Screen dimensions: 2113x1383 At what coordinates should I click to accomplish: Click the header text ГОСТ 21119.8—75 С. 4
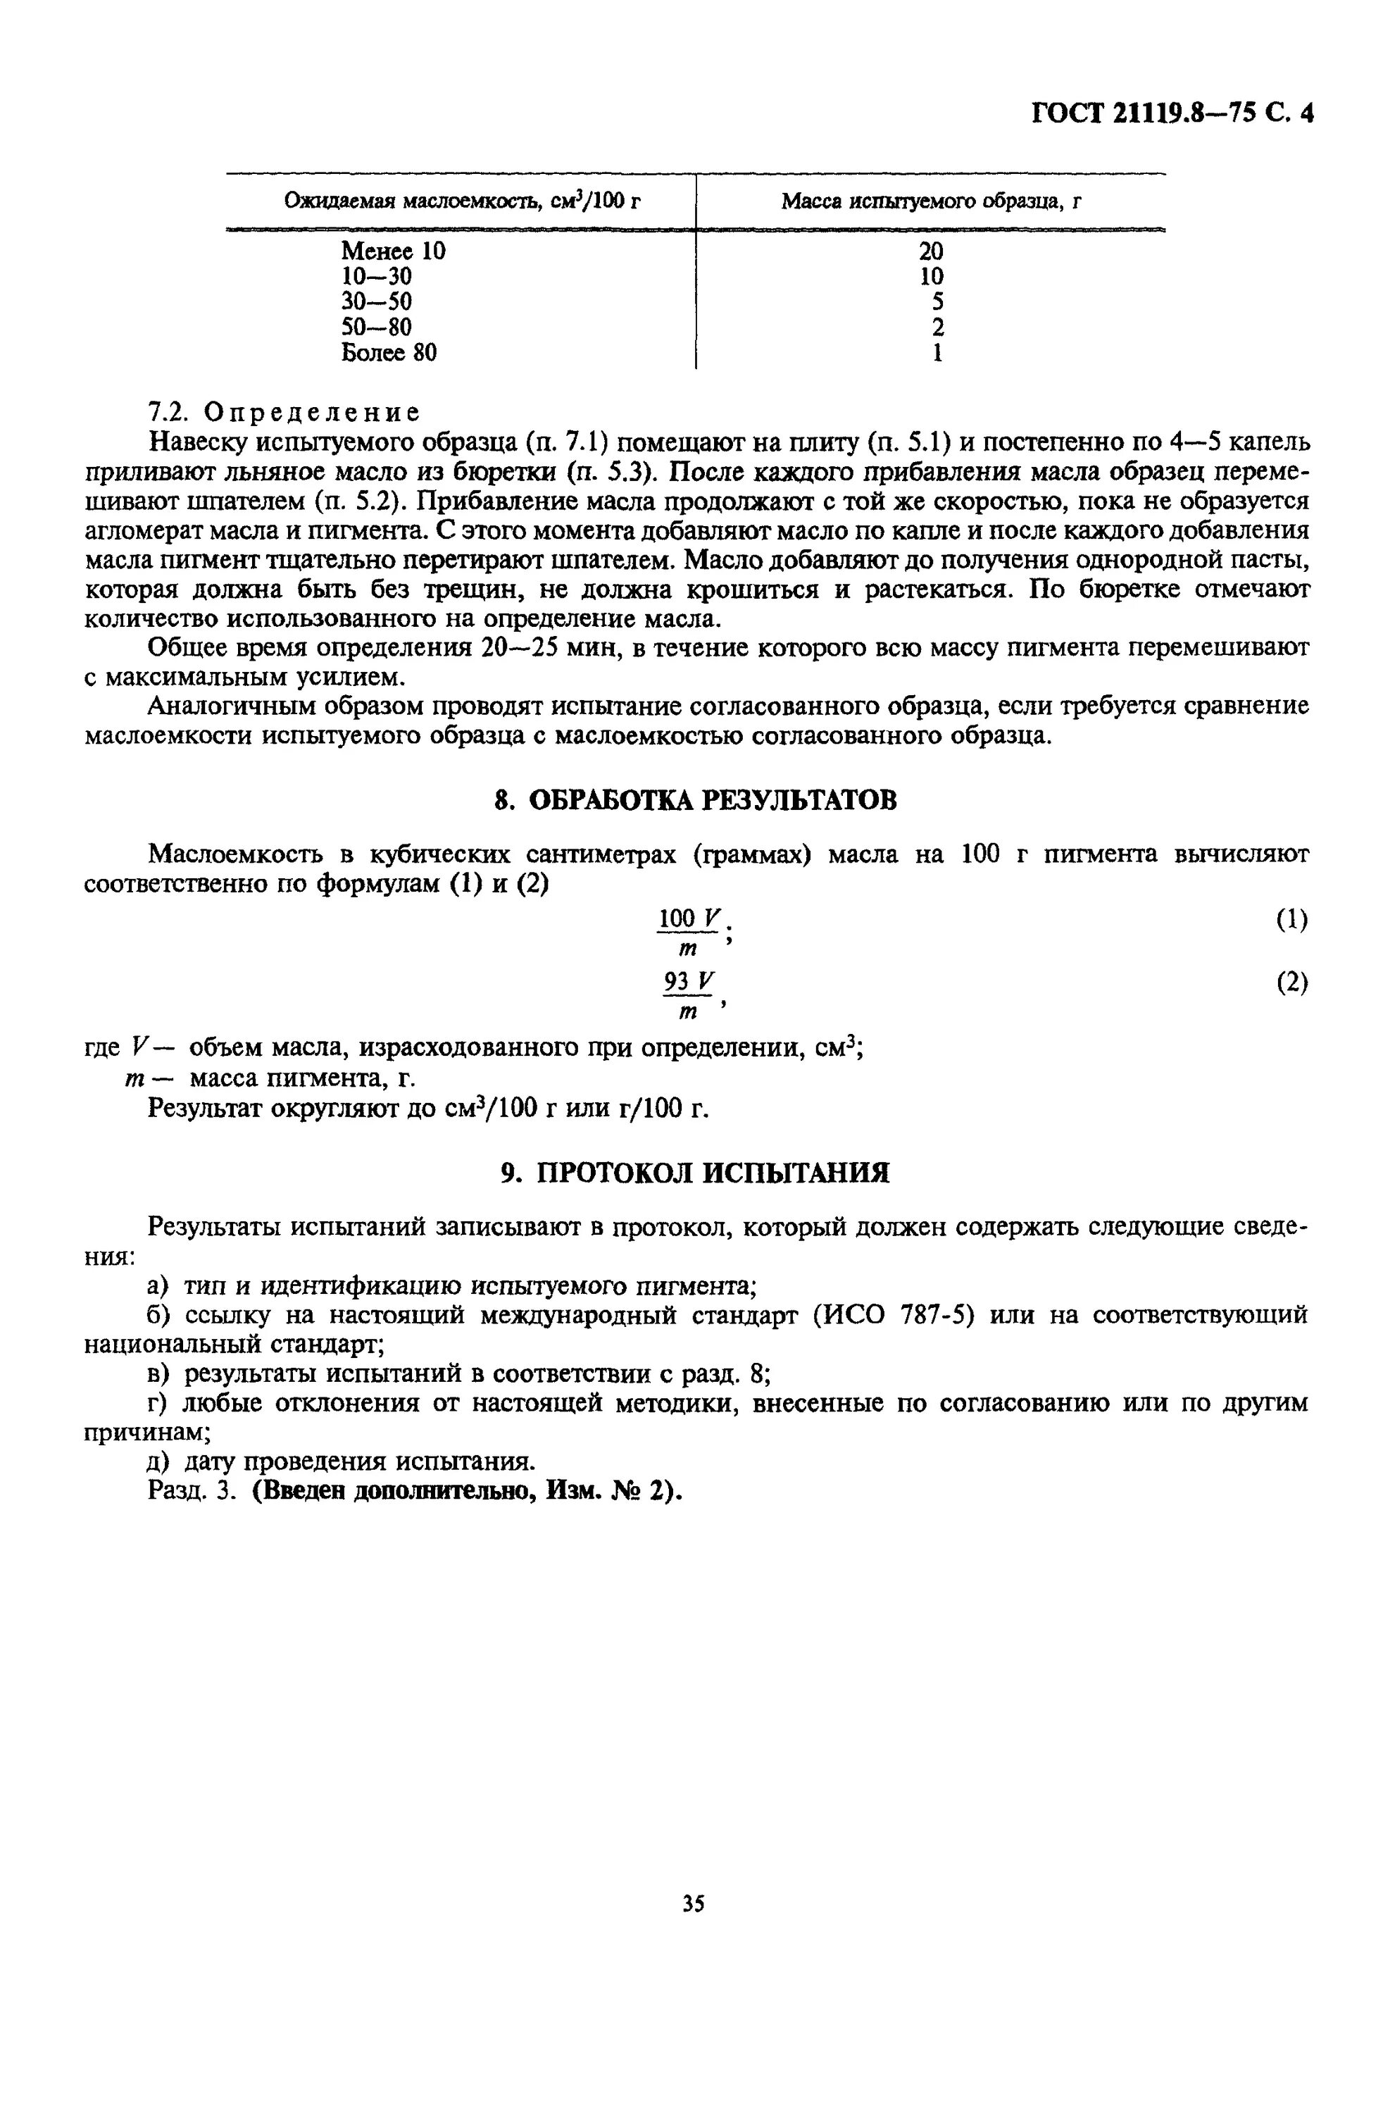[x=1171, y=113]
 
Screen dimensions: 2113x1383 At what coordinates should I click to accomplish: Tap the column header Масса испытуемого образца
[x=930, y=201]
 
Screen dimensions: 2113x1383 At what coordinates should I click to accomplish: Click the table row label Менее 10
[x=392, y=251]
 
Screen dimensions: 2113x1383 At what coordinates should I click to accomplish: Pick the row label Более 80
[x=389, y=352]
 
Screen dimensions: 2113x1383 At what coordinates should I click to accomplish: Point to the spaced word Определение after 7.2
[x=311, y=412]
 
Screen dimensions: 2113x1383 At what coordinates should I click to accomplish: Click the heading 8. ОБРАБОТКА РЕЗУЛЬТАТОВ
[x=695, y=800]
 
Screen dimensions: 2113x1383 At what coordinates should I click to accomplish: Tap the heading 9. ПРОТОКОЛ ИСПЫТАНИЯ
[x=695, y=1173]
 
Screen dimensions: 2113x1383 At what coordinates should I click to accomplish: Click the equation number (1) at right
[x=1291, y=920]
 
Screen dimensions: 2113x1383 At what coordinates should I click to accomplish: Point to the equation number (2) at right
[x=1291, y=982]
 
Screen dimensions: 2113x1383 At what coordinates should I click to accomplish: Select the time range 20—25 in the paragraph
[x=518, y=647]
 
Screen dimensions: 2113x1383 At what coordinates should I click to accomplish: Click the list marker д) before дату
[x=160, y=1461]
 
